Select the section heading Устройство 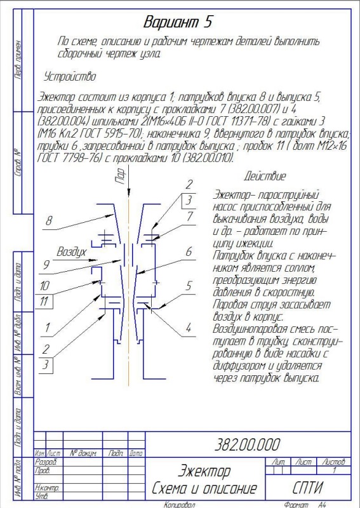[70, 77]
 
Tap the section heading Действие [265, 176]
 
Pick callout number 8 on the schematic [48, 221]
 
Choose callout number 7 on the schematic [189, 217]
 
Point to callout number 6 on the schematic [189, 251]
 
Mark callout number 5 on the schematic [189, 285]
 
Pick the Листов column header [334, 462]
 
